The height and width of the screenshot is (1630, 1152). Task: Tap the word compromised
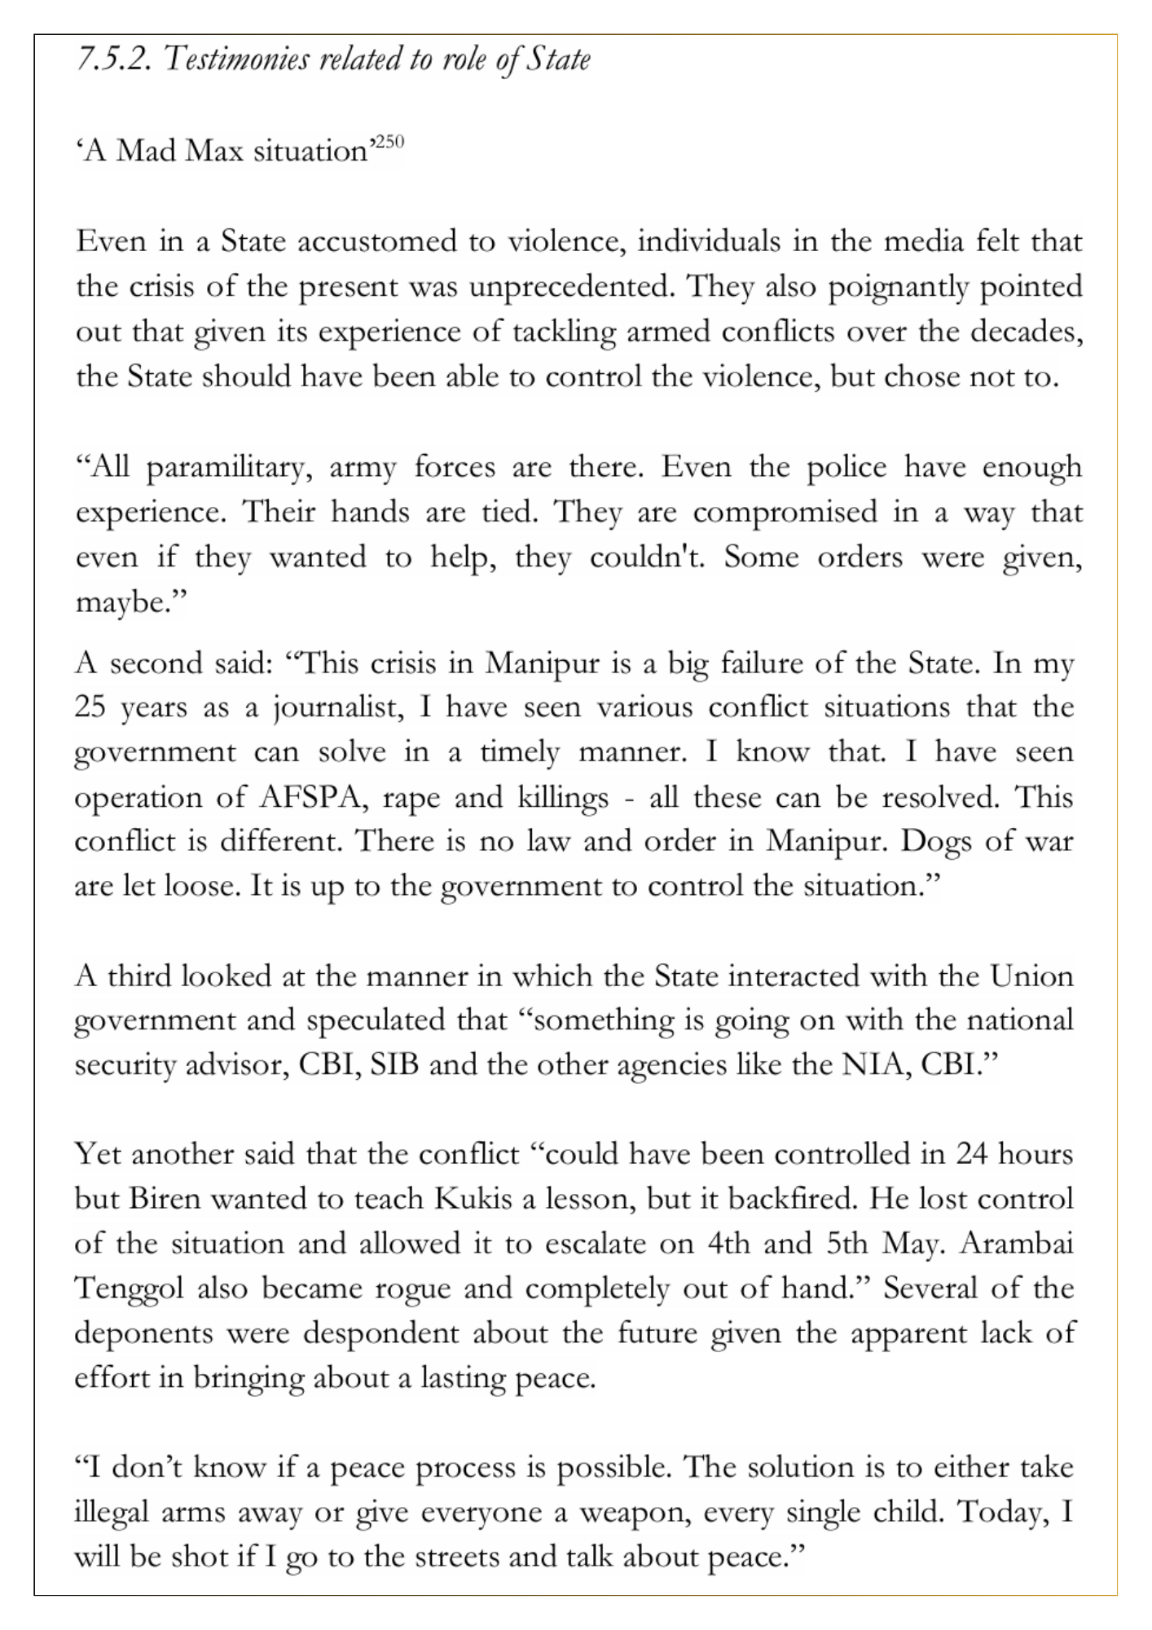(785, 513)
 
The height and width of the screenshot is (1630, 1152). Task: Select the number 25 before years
(91, 707)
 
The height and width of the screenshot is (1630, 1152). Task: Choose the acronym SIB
(394, 1065)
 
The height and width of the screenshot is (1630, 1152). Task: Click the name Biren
(163, 1199)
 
